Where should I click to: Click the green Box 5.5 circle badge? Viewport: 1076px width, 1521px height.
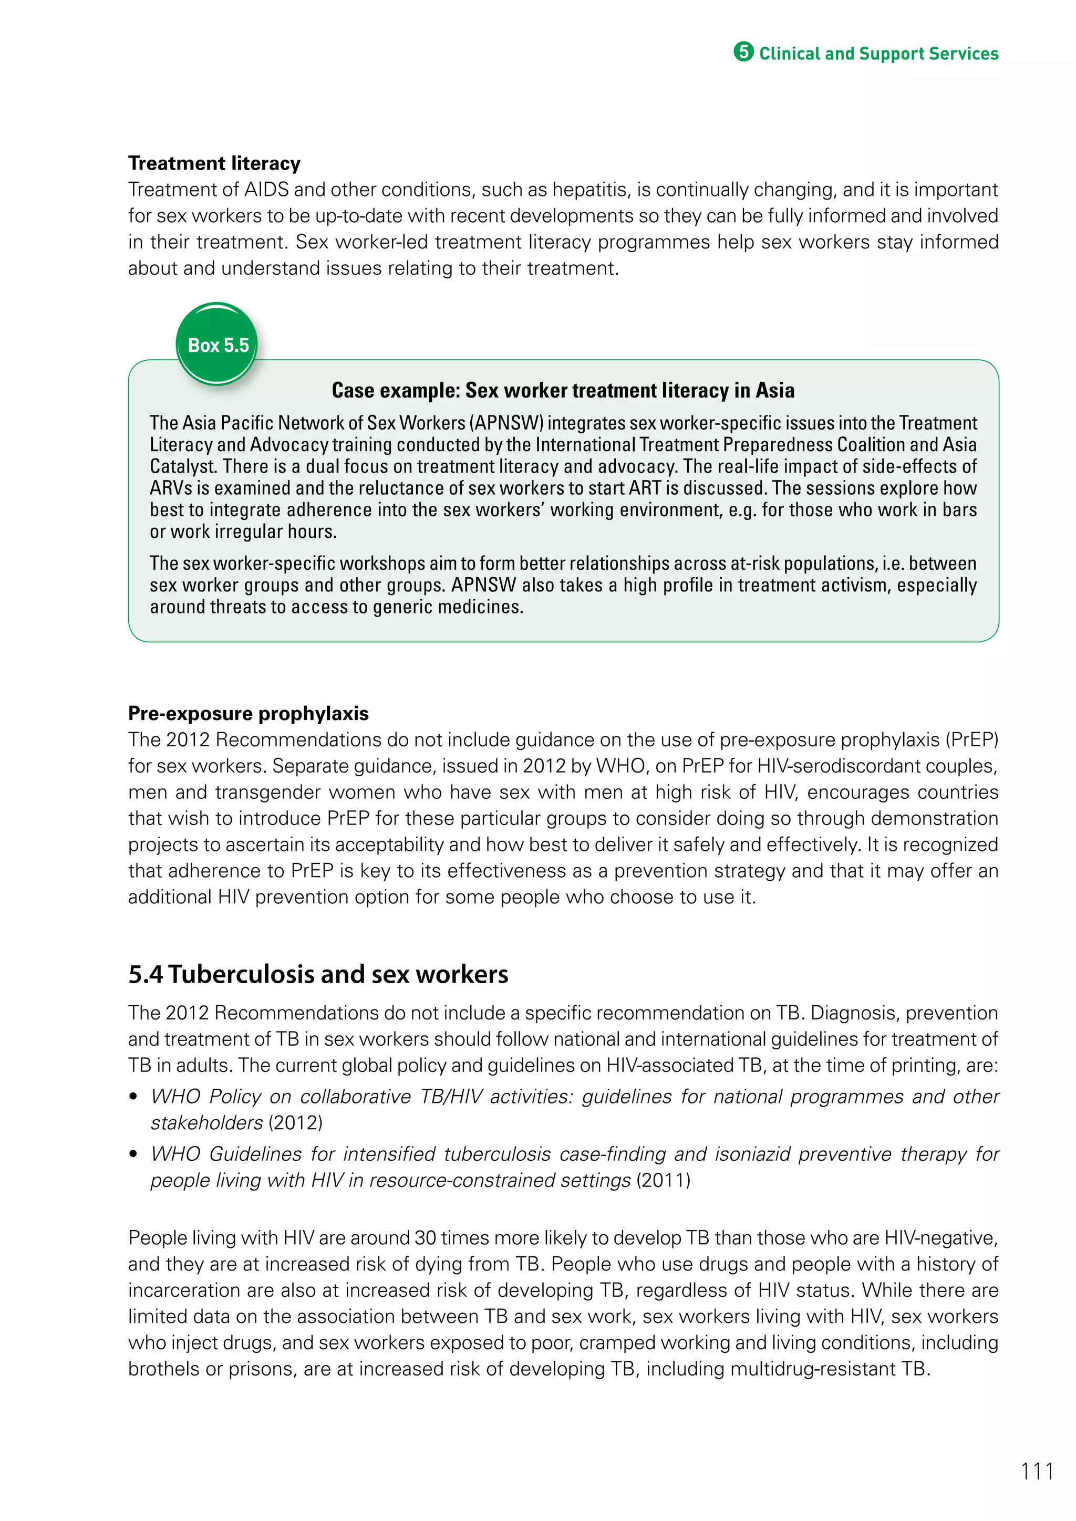(x=218, y=345)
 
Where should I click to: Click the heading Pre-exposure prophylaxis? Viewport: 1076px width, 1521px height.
(x=248, y=713)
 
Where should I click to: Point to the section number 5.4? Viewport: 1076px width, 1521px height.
(x=145, y=974)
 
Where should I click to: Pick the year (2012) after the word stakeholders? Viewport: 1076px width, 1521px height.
(x=295, y=1122)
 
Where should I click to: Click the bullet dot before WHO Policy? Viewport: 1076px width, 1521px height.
(x=134, y=1097)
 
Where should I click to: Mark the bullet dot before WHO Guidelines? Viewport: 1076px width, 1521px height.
(x=134, y=1154)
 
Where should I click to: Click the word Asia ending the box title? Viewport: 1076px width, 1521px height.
(x=774, y=390)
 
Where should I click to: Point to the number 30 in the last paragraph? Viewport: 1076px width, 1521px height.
(x=425, y=1237)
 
